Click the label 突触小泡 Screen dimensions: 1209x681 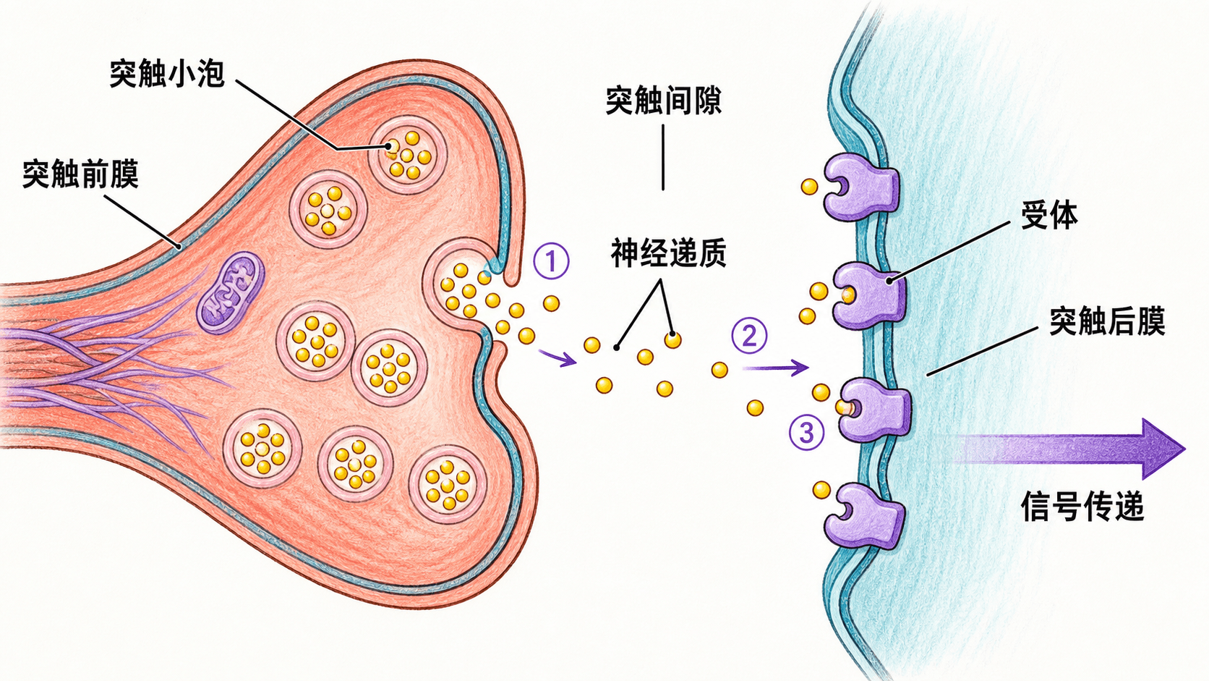click(167, 74)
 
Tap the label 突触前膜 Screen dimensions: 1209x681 click(80, 174)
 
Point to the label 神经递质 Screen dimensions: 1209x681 click(669, 253)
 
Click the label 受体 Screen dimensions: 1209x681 click(1049, 215)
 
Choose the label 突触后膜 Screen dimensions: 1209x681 click(1107, 321)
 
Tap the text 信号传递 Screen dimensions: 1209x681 click(1082, 507)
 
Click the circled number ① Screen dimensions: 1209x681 click(551, 261)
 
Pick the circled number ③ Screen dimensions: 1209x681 click(806, 432)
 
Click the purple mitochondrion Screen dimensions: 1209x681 click(231, 292)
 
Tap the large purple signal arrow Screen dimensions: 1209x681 click(1069, 449)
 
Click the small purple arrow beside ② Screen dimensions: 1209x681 click(776, 368)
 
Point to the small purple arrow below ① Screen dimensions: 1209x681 click(557, 358)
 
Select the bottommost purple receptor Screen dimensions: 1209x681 click(864, 517)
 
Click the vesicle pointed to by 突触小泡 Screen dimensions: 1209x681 click(408, 155)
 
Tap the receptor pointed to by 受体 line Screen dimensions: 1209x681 click(868, 295)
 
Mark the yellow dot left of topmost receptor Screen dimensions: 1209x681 click(809, 187)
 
